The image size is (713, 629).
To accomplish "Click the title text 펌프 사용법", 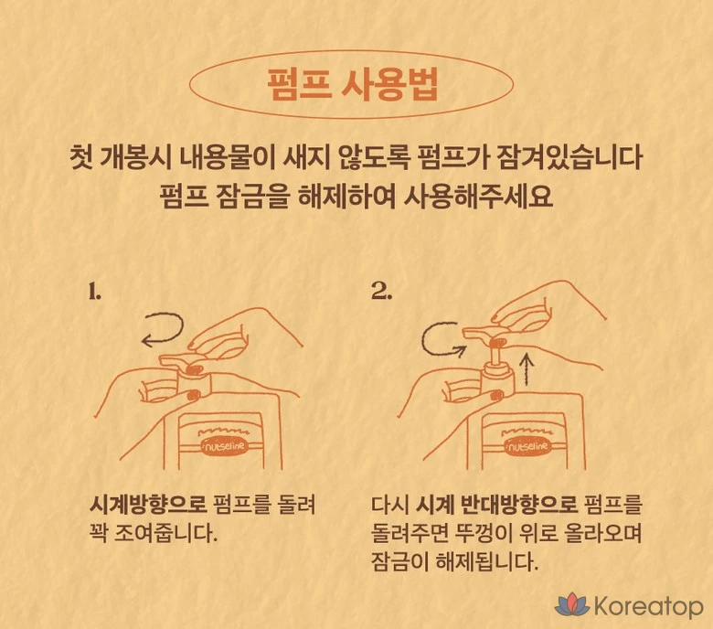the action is pos(352,85).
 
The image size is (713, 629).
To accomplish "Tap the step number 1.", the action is pos(94,292).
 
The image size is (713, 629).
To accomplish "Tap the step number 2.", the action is pos(381,291).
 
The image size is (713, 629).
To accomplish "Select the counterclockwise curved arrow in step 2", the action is pos(424,339).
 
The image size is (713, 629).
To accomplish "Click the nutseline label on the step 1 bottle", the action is pos(224,446).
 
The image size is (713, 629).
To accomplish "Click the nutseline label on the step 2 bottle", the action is pos(527,446).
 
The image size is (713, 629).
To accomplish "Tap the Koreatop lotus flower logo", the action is pos(572,604).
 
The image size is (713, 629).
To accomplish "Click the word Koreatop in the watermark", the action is pos(648,606).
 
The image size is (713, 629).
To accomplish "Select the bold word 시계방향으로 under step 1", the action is pos(148,505).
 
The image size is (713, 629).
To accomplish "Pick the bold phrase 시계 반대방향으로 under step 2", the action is pos(497,505).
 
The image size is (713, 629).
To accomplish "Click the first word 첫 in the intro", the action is pos(82,158).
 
